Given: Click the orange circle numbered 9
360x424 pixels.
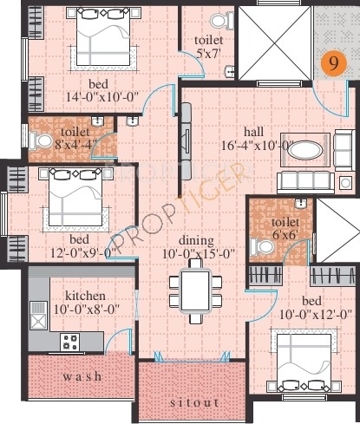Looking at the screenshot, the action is [x=334, y=64].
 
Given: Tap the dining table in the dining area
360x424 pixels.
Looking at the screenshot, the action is [x=195, y=291].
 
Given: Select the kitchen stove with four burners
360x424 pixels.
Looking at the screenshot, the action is [x=70, y=342].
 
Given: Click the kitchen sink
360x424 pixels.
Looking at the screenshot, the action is [x=38, y=316].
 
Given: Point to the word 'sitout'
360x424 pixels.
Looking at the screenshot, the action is [x=194, y=402].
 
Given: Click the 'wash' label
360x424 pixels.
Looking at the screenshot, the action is [x=82, y=376].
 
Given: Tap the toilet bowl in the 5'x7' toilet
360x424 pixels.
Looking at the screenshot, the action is [x=222, y=20].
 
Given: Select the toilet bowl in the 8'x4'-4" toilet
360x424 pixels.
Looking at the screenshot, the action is [x=40, y=141].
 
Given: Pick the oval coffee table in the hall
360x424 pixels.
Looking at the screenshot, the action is [x=305, y=150].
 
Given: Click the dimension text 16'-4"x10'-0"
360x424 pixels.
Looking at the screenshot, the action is [x=258, y=146].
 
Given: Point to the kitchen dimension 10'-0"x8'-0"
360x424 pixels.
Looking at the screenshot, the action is [x=87, y=310].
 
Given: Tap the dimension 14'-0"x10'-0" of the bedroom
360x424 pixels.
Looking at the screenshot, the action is [x=102, y=97].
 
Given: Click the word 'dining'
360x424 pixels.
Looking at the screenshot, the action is [x=196, y=240].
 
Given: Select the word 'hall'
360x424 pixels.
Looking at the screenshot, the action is [x=253, y=132].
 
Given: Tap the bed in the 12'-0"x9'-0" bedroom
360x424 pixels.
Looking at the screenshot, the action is [x=75, y=198].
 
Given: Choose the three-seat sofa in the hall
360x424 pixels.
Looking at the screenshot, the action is [x=305, y=182].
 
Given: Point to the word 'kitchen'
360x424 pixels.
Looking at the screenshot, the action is [x=85, y=296].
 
